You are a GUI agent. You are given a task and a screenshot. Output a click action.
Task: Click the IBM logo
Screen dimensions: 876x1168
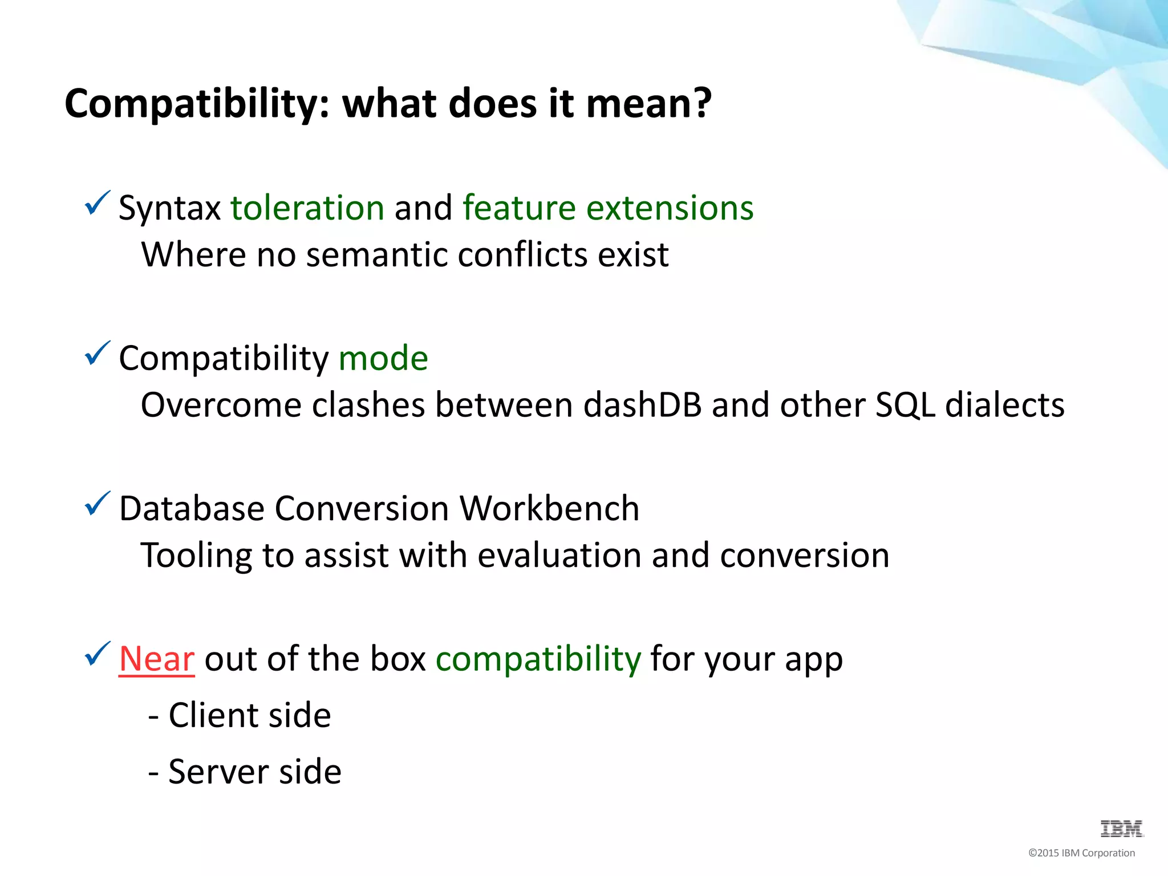click(x=1121, y=829)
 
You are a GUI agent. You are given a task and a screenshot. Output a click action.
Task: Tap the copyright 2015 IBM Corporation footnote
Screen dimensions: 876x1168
click(x=1081, y=853)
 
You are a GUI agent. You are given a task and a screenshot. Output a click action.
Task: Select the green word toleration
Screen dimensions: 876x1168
click(x=307, y=208)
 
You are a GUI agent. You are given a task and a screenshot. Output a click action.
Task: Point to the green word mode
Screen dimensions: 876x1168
click(x=383, y=358)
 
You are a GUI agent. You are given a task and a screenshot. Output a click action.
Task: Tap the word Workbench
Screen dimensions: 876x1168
click(x=549, y=508)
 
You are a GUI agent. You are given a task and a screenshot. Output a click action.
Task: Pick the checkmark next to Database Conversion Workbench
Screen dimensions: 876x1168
click(x=97, y=504)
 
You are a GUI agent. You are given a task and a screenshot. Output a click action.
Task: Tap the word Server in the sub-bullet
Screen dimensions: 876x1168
click(x=217, y=772)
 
